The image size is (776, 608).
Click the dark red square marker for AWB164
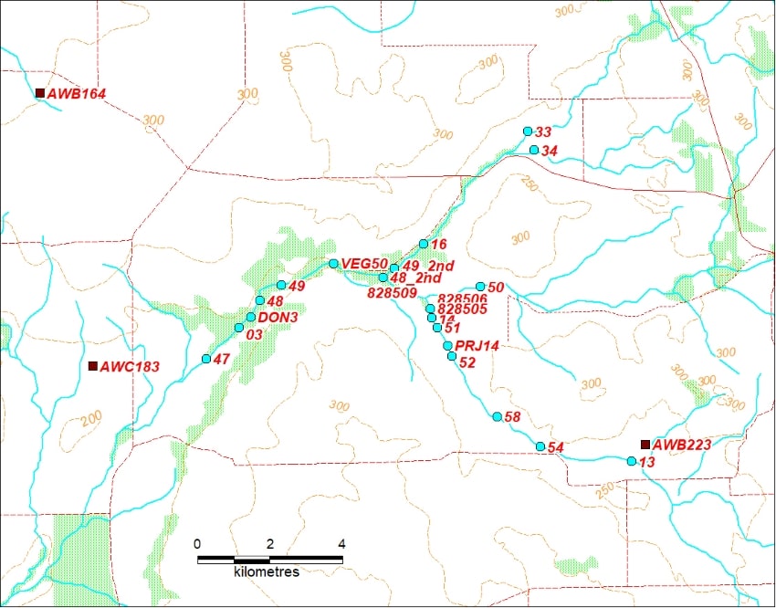click(39, 93)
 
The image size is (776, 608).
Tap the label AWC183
click(130, 367)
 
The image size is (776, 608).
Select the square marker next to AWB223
click(645, 445)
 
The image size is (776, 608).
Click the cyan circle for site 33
click(528, 131)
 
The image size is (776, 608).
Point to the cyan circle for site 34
click(534, 150)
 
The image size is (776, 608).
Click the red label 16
click(438, 245)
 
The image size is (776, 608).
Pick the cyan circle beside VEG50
click(333, 264)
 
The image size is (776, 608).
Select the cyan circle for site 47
click(206, 359)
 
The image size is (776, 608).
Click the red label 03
click(255, 335)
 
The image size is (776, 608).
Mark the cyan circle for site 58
click(497, 416)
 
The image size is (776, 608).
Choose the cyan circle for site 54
click(540, 446)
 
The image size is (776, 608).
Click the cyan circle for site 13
click(632, 462)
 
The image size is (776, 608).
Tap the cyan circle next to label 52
click(452, 356)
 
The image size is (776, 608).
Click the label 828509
click(392, 293)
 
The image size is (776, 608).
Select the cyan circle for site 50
click(480, 287)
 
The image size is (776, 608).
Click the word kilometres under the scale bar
click(267, 571)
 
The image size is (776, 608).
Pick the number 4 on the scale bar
click(341, 544)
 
